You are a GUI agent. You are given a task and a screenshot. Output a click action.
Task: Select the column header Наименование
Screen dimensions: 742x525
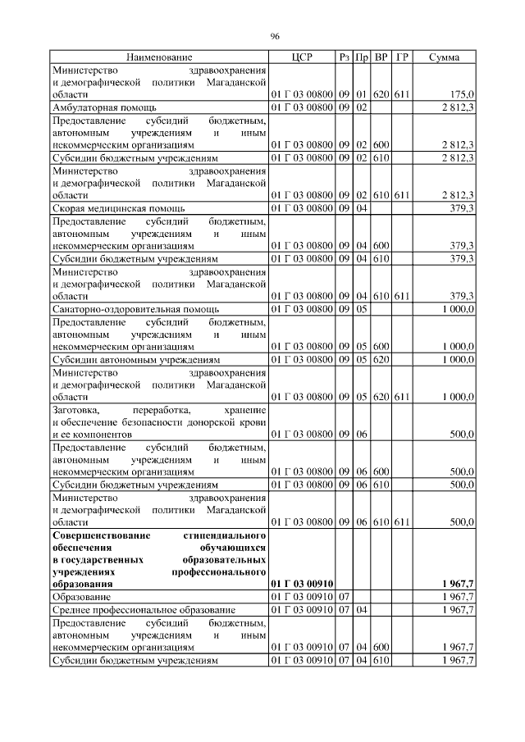(159, 57)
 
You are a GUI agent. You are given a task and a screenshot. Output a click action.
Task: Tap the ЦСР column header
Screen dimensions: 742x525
(301, 57)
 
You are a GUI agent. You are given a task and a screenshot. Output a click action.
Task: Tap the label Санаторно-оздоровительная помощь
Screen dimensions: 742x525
(135, 310)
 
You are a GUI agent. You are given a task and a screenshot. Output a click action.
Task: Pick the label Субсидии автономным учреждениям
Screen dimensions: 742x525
(135, 360)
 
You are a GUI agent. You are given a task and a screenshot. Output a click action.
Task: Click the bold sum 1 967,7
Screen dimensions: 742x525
(458, 584)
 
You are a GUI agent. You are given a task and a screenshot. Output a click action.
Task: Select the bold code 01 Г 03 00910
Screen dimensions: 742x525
(301, 584)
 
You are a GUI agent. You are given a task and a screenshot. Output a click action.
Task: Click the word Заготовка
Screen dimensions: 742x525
(75, 410)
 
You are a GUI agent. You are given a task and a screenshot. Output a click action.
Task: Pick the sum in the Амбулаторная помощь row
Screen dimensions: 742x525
(458, 107)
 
